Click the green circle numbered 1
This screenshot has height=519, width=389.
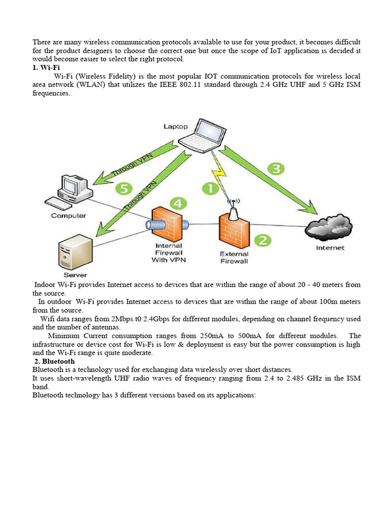pyautogui.click(x=210, y=189)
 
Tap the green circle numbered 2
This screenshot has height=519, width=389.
pyautogui.click(x=262, y=240)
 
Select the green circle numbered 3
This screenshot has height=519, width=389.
pyautogui.click(x=276, y=169)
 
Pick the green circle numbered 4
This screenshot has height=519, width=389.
pyautogui.click(x=177, y=204)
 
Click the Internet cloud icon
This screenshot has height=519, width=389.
pyautogui.click(x=330, y=228)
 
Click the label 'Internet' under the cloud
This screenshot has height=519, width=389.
pyautogui.click(x=330, y=248)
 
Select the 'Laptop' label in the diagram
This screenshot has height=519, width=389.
pyautogui.click(x=175, y=127)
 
